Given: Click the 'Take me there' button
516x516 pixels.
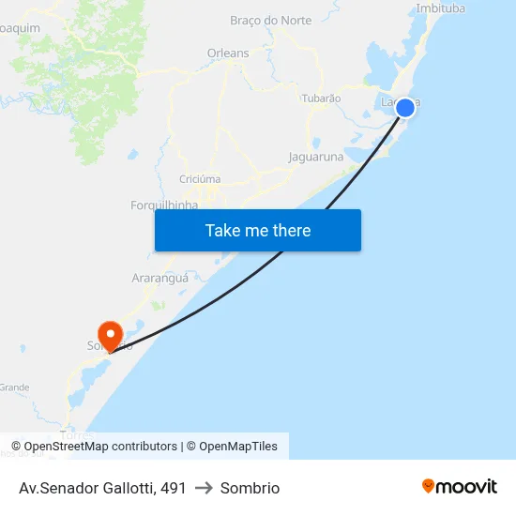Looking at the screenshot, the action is point(258,230).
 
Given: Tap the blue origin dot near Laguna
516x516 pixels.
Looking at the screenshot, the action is point(405,108).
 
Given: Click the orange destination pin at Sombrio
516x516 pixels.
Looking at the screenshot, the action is point(111,335).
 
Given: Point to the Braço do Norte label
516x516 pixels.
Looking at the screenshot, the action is point(270,21).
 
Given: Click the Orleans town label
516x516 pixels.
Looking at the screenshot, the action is point(228,53).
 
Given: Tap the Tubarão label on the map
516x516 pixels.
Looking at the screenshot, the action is point(321,98).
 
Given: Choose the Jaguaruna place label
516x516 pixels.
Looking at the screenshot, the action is point(316,157).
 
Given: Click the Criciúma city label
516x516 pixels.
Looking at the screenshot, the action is point(200,178).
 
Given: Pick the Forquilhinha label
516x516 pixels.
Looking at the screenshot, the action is point(164,205).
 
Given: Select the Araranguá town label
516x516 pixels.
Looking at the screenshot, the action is point(160,278).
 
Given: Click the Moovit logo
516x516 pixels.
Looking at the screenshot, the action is point(460,487).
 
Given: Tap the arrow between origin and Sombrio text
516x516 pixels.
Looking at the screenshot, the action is point(204,488).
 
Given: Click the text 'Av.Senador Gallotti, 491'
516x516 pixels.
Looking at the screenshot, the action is point(102,488).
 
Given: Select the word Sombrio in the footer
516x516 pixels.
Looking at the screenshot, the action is point(250,488).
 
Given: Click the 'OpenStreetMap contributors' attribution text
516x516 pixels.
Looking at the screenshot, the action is point(100,447).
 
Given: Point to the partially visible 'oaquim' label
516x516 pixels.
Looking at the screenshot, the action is point(20,28).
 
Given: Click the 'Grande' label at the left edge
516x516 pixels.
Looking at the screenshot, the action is point(14,387).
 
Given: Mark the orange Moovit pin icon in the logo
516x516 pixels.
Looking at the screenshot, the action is point(429,486).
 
